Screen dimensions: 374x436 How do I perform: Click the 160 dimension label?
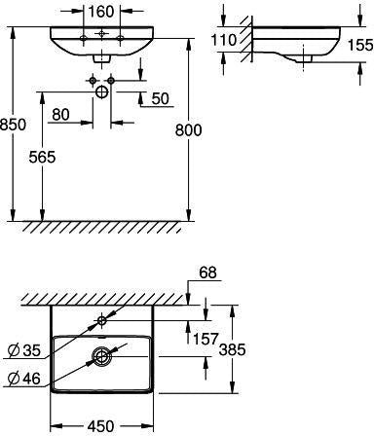click(101, 12)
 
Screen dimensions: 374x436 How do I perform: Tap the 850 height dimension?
click(13, 125)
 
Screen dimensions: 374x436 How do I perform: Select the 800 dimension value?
click(188, 130)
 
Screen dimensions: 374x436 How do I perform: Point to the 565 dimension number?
click(42, 158)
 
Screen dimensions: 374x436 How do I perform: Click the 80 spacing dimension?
click(60, 114)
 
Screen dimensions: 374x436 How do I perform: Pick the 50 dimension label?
click(161, 98)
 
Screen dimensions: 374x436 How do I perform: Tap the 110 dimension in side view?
click(223, 40)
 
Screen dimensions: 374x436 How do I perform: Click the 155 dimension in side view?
click(360, 45)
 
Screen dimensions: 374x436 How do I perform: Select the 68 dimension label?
click(207, 272)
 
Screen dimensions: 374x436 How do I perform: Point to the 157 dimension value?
click(206, 339)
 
